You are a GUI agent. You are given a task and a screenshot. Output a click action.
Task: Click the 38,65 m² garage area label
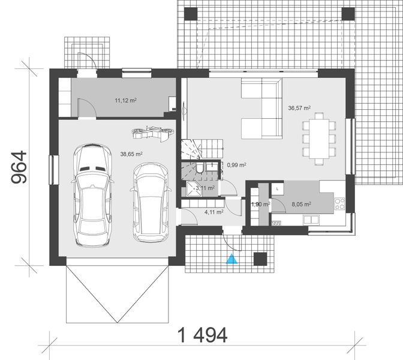coord(131,154)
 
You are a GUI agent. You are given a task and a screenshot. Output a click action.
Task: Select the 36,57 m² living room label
coord(299,109)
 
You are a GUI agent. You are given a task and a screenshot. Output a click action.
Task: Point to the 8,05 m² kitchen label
coord(301,205)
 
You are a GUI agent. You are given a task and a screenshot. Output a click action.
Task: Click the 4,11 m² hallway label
coord(214,211)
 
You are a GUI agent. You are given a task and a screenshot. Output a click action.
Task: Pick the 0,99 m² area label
coord(236,164)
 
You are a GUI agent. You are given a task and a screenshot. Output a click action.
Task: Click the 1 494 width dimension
coord(202,335)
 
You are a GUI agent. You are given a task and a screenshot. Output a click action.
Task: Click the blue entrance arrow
coord(231,259)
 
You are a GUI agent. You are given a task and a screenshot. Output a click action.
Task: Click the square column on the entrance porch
coord(260,258)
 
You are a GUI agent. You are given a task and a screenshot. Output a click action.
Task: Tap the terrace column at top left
coord(191,13)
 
